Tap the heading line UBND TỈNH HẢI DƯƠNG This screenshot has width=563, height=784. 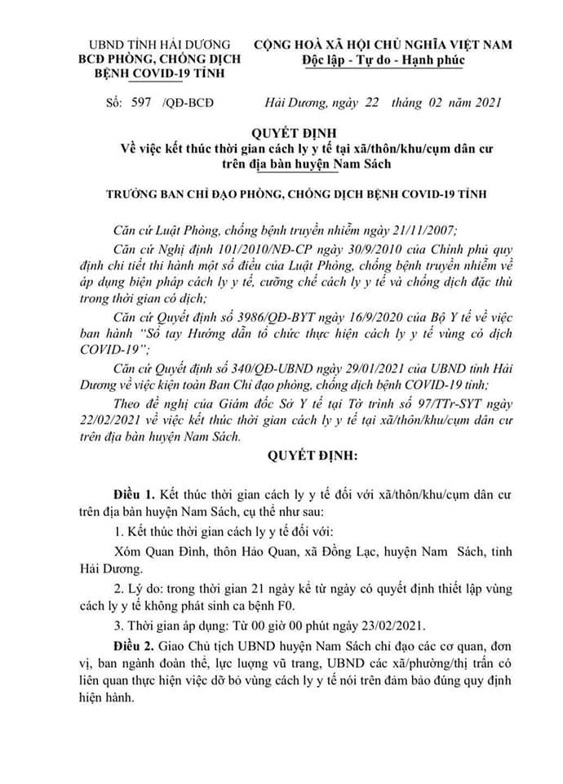click(x=160, y=45)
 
